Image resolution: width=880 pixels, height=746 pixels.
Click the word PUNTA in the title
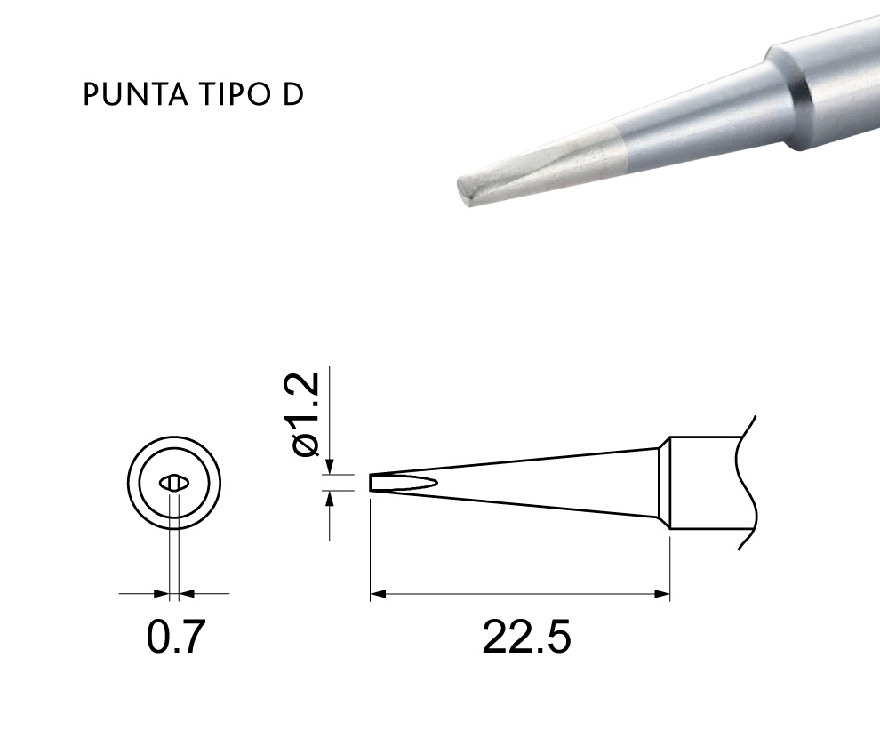point(135,94)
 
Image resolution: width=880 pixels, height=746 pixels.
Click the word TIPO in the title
point(236,94)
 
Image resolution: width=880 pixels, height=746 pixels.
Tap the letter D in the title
point(293,94)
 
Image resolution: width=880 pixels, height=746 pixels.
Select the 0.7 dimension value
point(176,637)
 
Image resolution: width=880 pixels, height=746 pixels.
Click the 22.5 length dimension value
point(526,637)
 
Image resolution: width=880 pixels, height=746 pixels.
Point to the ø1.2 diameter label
point(307,414)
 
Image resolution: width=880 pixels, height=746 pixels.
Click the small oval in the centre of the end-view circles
point(174,483)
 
